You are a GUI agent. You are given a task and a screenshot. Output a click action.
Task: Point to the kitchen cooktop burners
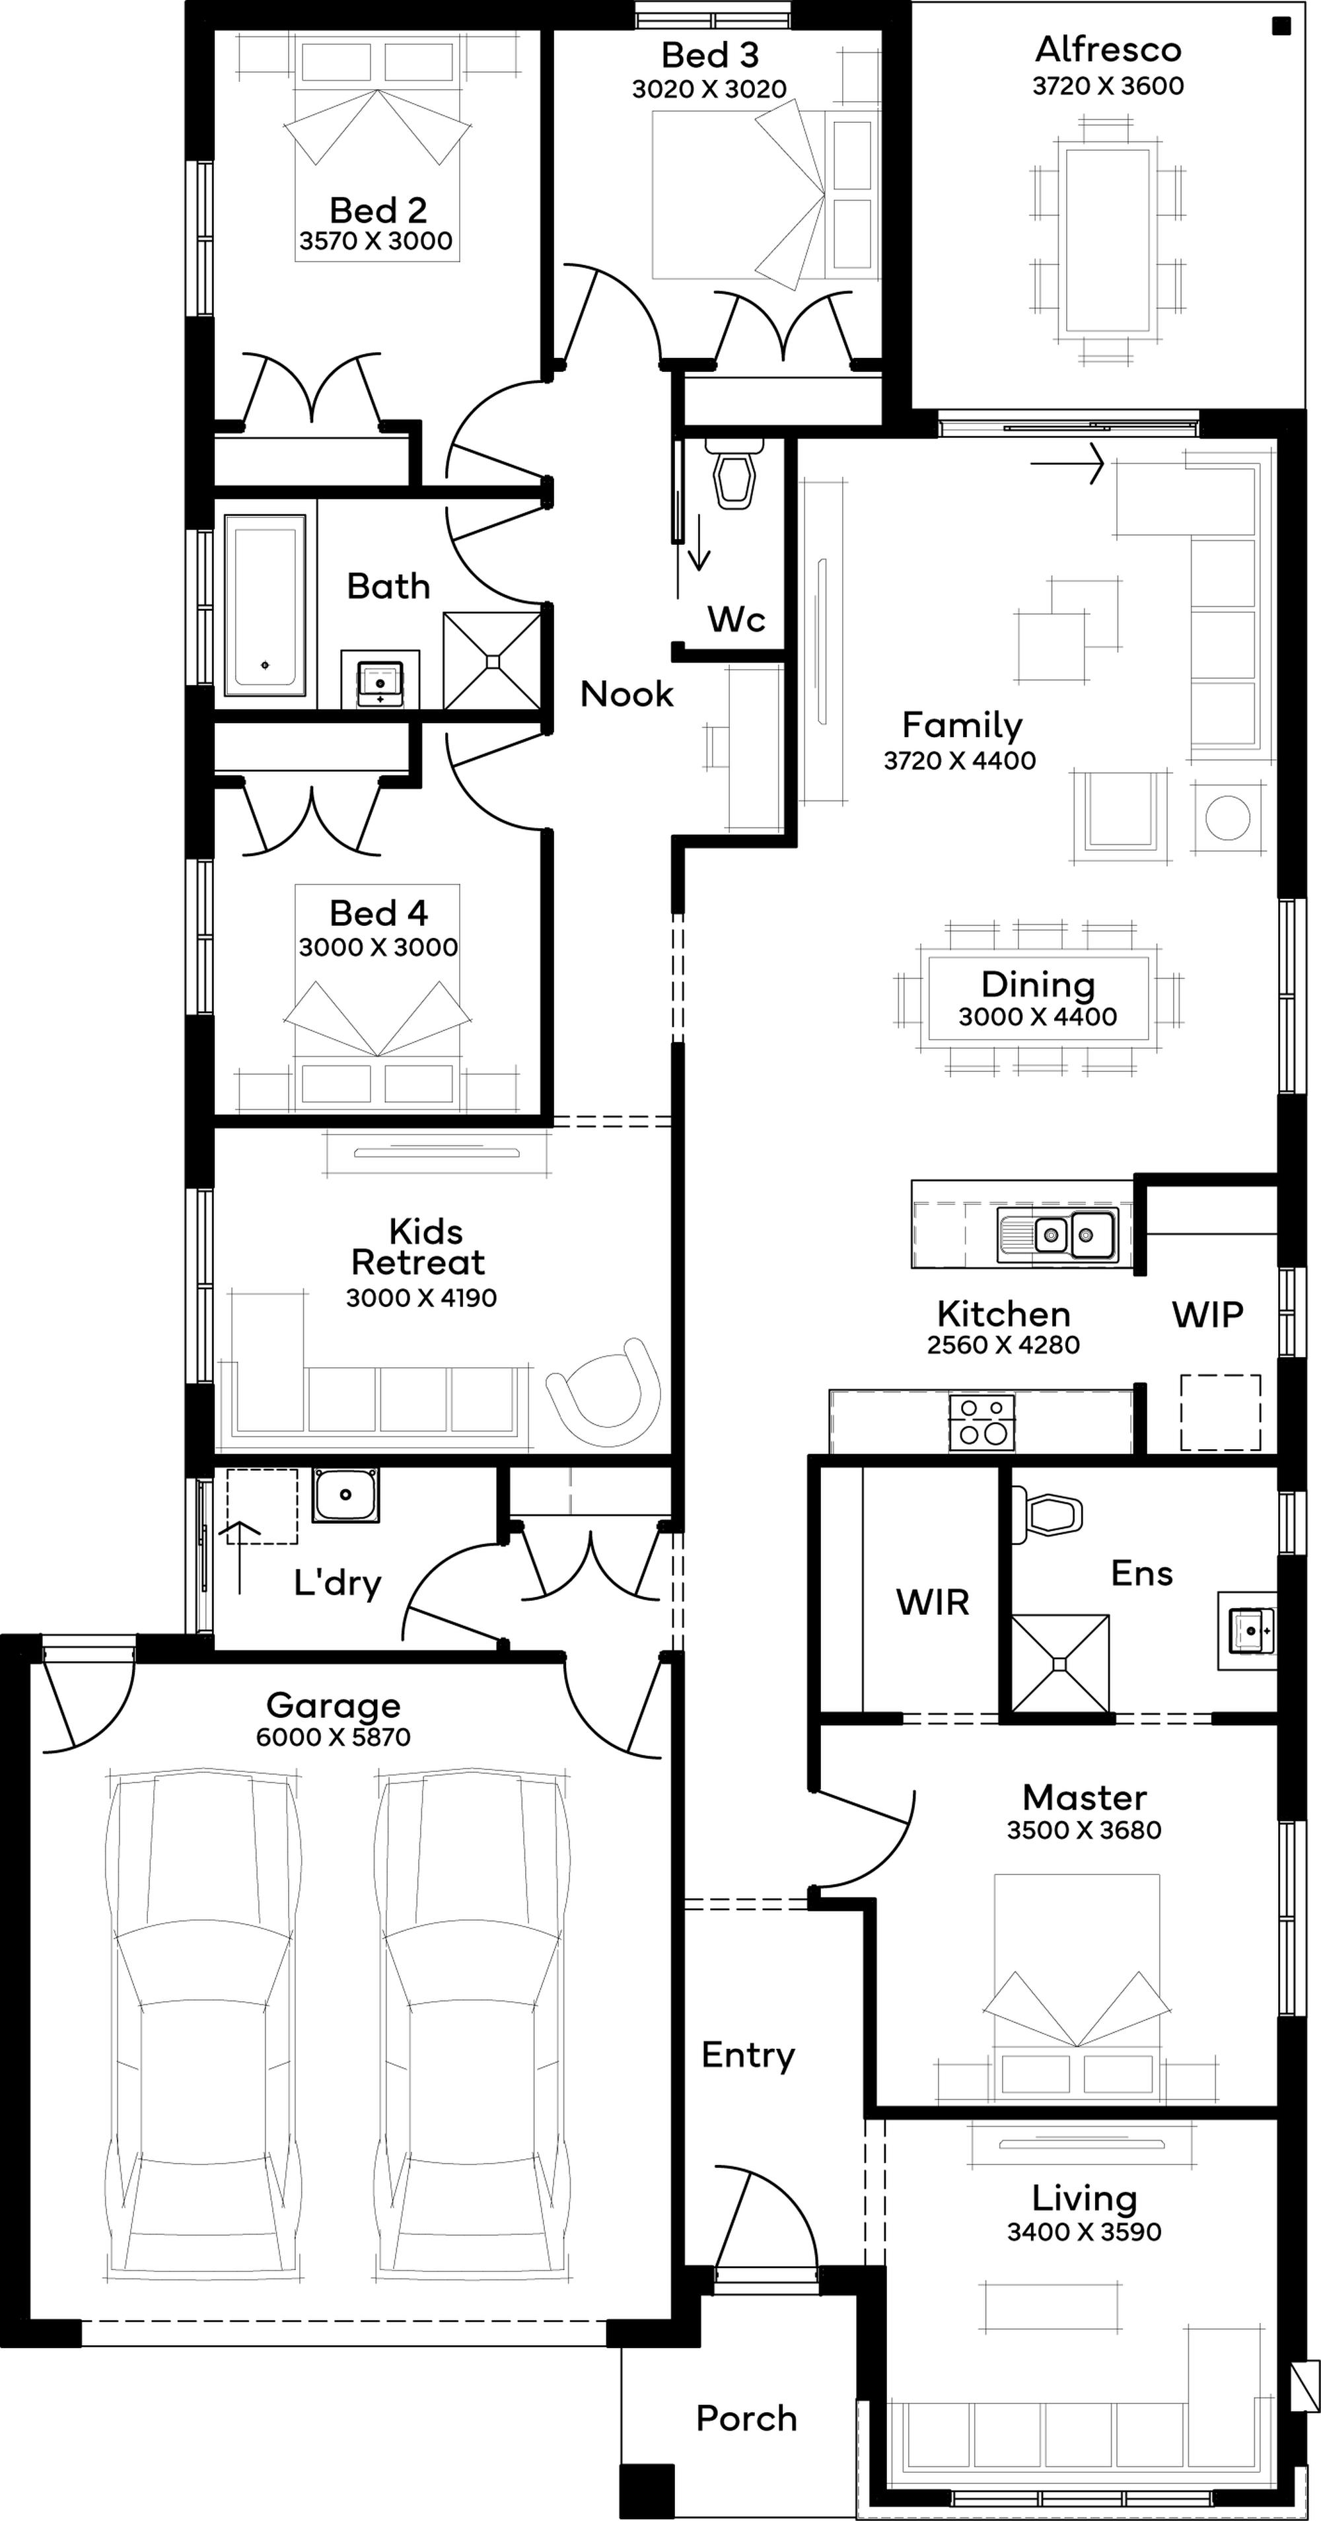pos(982,1422)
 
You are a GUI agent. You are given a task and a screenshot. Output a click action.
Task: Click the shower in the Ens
pos(1061,1664)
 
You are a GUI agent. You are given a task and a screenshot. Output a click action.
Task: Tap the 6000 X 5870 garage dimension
pos(333,1737)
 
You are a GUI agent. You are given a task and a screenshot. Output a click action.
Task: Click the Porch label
pos(746,2418)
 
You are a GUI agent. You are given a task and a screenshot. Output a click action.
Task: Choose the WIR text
pos(933,1602)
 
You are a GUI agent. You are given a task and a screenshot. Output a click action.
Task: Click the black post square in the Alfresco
pos(1281,26)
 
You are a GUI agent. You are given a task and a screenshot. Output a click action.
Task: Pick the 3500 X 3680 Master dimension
pos(1084,1830)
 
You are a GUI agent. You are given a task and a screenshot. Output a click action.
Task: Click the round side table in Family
pos(1227,816)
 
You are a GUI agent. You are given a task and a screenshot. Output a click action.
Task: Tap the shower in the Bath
pos(492,660)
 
